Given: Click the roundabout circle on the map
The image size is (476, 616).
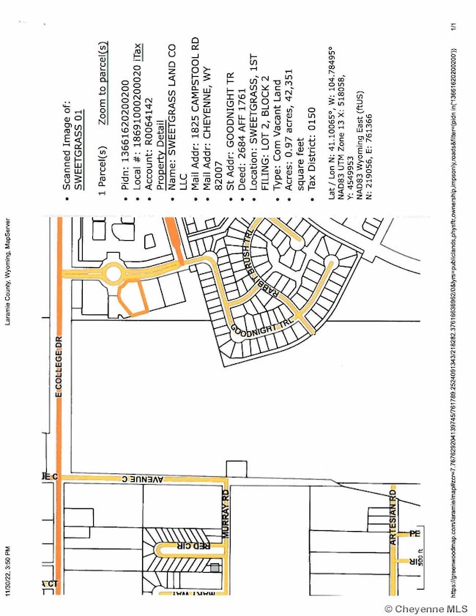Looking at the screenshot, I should [x=114, y=274].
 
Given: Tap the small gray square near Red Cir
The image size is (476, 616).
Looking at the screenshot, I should [x=215, y=568].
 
